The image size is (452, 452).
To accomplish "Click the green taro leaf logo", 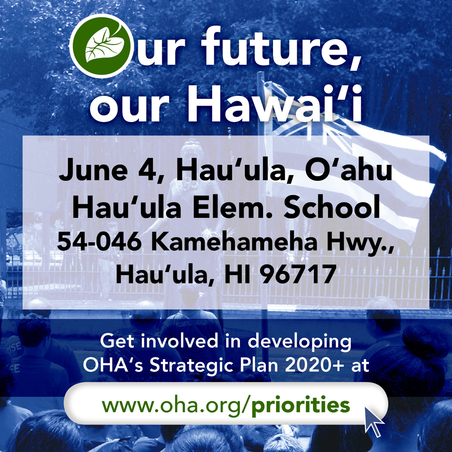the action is click(x=101, y=46).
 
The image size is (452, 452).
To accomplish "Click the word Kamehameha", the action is click(x=234, y=241).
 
